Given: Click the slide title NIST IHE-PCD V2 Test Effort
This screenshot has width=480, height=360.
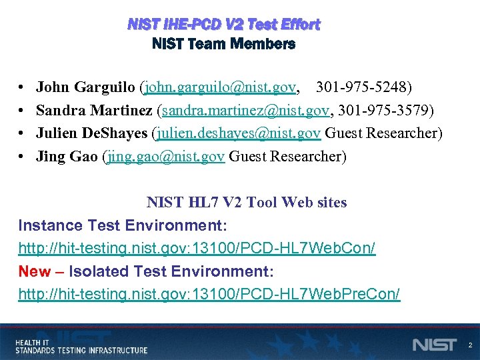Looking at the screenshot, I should pyautogui.click(x=224, y=25).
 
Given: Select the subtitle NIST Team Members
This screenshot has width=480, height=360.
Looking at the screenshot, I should pyautogui.click(x=224, y=45).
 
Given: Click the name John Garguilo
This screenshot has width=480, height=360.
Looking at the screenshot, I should pyautogui.click(x=86, y=87).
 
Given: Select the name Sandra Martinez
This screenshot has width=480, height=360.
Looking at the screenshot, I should pyautogui.click(x=93, y=110).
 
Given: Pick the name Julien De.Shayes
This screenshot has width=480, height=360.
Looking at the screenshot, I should pyautogui.click(x=91, y=133).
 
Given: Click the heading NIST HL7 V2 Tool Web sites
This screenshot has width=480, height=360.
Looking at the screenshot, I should pyautogui.click(x=247, y=202).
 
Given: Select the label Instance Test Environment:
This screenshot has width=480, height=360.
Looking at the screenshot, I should pyautogui.click(x=123, y=225).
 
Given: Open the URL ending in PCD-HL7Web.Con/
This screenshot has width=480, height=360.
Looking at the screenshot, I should pyautogui.click(x=197, y=249).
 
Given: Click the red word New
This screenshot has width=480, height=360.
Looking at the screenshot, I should pyautogui.click(x=33, y=271).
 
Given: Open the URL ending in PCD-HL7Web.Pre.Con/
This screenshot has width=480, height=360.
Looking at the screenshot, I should pyautogui.click(x=209, y=295).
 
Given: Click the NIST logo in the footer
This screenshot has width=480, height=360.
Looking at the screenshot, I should pyautogui.click(x=435, y=345).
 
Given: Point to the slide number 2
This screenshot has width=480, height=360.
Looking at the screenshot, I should pyautogui.click(x=470, y=345).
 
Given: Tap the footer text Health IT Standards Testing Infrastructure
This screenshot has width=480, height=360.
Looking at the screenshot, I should pyautogui.click(x=81, y=346).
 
